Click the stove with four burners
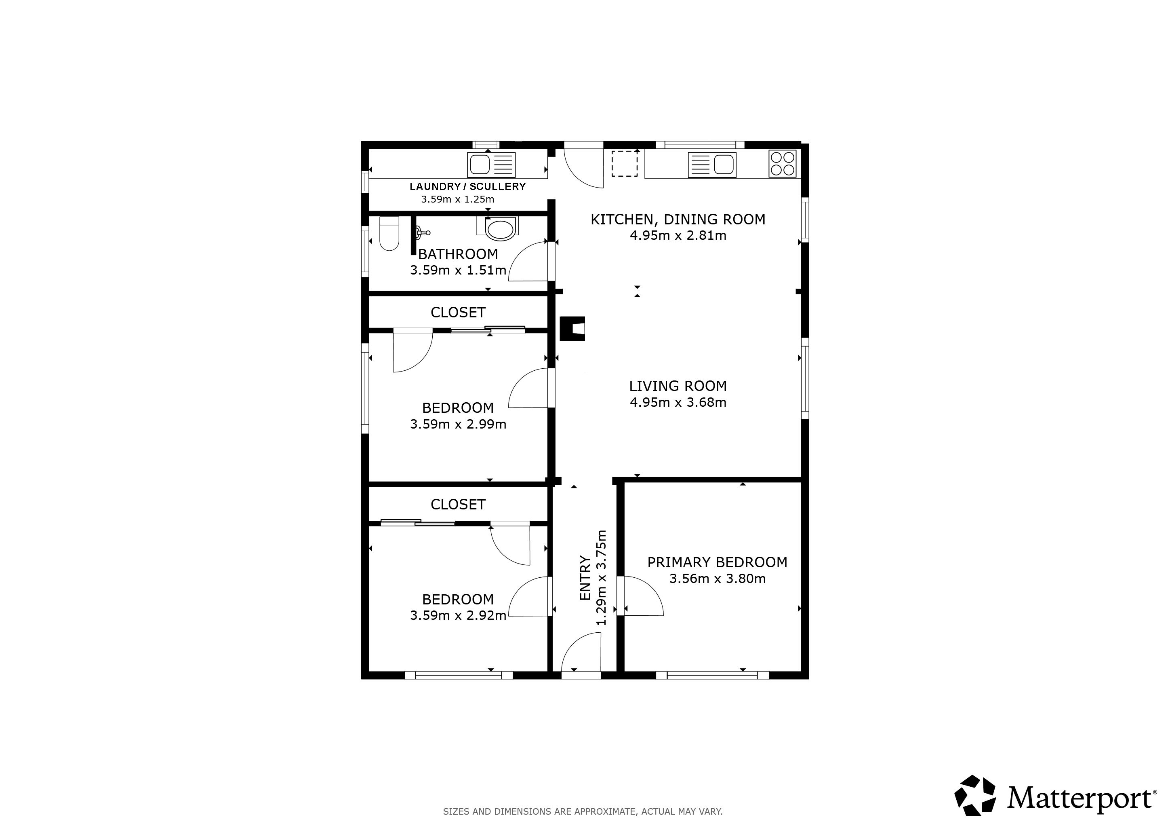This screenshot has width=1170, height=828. click(x=782, y=164)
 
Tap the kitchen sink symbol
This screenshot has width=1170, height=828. click(x=712, y=165)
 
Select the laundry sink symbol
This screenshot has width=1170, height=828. click(x=491, y=165)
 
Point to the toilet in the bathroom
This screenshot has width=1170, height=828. click(x=389, y=234)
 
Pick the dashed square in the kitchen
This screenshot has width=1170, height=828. click(x=624, y=164)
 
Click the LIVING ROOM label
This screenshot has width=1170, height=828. click(x=678, y=386)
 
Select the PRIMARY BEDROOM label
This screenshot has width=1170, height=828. click(x=717, y=562)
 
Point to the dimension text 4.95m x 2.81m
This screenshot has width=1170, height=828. click(x=678, y=236)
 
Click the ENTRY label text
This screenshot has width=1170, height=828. click(x=585, y=578)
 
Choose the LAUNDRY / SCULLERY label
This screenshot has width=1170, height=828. click(x=468, y=187)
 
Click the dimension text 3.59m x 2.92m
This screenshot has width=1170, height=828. click(x=458, y=615)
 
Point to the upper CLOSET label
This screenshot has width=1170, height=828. click(x=458, y=312)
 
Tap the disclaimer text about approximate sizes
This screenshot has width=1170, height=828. click(x=583, y=811)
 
